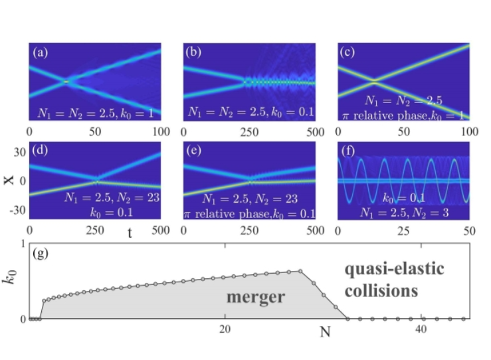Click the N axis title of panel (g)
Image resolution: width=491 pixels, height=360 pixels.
pyautogui.click(x=325, y=331)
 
